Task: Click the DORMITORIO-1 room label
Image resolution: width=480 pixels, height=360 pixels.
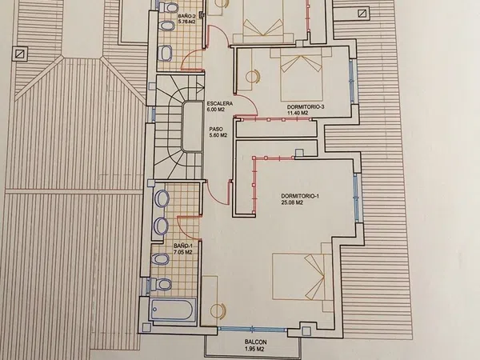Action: point(300,196)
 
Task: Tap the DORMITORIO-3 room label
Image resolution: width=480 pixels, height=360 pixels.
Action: point(306,107)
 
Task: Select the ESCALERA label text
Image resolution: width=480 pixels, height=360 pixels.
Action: point(220,103)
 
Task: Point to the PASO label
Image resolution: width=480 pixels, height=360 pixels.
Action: point(216,129)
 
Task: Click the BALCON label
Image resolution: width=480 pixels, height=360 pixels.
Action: point(256,342)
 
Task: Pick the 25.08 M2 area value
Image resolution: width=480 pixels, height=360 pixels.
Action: point(292,202)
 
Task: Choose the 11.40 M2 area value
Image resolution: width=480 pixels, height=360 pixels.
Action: point(298,113)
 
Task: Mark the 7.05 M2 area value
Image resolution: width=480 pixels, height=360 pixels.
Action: point(182,252)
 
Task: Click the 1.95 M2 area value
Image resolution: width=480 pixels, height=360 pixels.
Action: point(254,349)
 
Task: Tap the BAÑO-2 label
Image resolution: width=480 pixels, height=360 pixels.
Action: point(186,15)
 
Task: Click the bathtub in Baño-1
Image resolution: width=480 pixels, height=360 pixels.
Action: point(173,310)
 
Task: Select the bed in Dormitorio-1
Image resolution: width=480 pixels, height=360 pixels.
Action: point(302,277)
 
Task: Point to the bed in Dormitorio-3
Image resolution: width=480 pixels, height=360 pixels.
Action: point(301,74)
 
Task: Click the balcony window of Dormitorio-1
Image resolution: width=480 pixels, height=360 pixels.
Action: point(252,330)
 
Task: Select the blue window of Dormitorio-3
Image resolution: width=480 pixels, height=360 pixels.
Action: point(352,82)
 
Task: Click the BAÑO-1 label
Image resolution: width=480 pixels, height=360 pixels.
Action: point(182,246)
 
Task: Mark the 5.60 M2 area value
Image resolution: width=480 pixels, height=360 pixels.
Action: point(218,135)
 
